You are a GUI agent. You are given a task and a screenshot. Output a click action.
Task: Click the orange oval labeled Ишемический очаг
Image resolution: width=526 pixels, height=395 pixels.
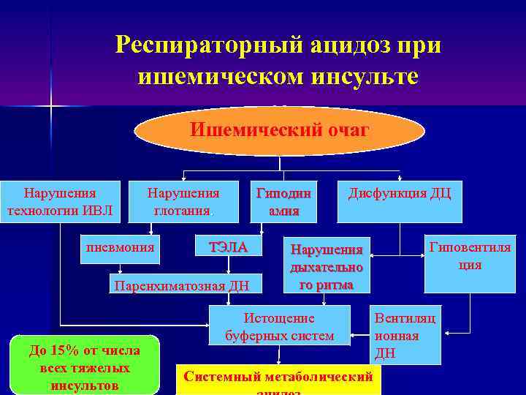click(x=280, y=131)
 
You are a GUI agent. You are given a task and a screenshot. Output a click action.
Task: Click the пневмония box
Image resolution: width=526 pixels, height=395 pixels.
click(x=121, y=247)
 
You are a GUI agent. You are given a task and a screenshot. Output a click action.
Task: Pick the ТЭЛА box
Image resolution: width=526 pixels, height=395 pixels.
click(x=228, y=247)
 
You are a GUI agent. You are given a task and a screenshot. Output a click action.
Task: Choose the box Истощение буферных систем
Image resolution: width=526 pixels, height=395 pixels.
click(x=279, y=326)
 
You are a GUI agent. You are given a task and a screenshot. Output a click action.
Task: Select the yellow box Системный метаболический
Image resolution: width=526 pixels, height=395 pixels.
click(x=278, y=378)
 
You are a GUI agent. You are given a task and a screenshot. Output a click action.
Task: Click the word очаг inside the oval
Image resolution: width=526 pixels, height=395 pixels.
click(x=342, y=130)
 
